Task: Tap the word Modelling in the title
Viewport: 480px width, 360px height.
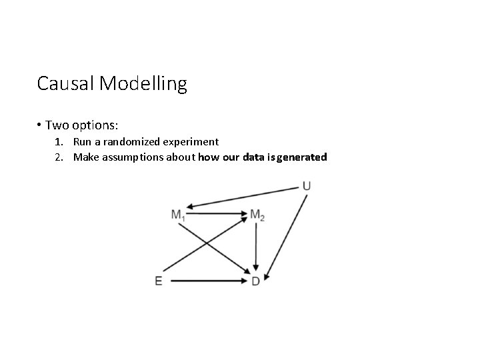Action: pos(143,85)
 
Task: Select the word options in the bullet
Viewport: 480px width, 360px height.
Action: pos(95,125)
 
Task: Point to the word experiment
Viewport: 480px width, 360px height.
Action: pos(193,141)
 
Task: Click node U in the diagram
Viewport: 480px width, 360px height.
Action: pos(306,185)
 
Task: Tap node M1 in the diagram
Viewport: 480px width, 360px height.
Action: pos(179,215)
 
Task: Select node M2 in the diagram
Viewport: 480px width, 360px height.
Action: pos(257,215)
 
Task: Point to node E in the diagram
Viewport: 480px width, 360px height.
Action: pos(159,281)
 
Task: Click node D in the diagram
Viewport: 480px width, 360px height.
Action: pos(255,281)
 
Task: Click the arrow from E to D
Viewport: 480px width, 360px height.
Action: pos(208,281)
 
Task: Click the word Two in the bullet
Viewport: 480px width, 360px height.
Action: pos(56,125)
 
